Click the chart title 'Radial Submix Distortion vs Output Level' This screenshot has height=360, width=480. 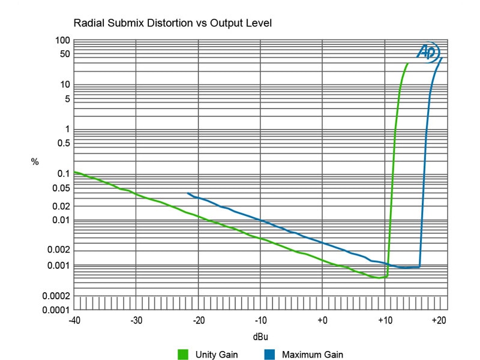tap(173, 24)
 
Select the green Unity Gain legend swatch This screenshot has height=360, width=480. tap(184, 354)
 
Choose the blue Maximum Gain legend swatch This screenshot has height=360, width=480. tap(269, 354)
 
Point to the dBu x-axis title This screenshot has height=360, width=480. tap(260, 337)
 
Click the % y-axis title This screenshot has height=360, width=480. tap(35, 162)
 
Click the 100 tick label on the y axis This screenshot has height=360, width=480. tap(63, 40)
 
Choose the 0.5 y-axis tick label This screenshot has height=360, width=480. tap(63, 143)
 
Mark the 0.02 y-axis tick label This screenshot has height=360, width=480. tap(61, 206)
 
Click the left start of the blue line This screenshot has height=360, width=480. tap(188, 193)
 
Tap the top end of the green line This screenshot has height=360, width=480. tap(408, 63)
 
